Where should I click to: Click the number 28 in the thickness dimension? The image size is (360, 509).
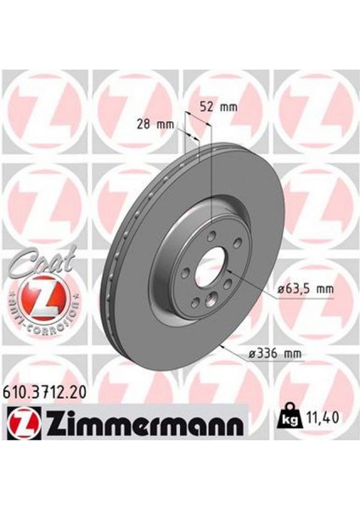coord(142,124)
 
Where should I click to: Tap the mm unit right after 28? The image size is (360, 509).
coord(164,124)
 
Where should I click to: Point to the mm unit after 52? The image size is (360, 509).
coord(228,108)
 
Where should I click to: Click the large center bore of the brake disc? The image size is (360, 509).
coord(206,276)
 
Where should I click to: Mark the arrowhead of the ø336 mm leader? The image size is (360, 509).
coord(220,344)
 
